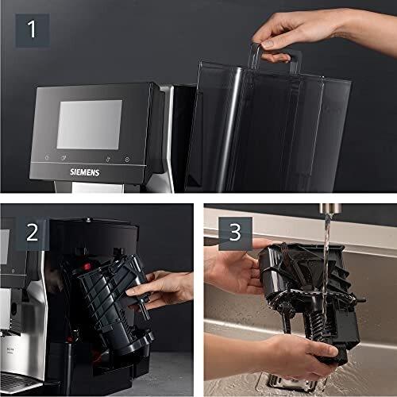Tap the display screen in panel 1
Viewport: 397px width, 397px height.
89,123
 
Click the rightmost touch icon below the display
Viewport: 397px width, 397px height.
127,158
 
